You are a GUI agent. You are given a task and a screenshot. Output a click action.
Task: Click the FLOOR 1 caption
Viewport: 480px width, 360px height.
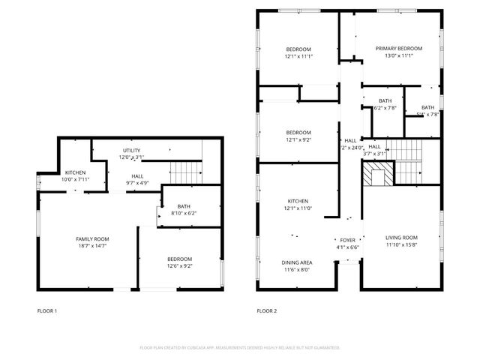47,310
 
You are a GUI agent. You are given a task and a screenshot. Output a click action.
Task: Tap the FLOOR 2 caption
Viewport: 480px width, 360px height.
267,310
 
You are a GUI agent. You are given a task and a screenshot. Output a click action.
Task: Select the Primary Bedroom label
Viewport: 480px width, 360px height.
399,49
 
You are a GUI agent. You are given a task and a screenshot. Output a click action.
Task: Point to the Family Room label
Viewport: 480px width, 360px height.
94,238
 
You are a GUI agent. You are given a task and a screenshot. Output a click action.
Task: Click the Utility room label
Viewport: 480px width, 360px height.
131,151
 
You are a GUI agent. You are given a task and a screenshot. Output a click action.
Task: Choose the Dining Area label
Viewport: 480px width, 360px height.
297,262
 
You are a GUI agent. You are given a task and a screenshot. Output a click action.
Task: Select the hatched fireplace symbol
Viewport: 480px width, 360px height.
377,175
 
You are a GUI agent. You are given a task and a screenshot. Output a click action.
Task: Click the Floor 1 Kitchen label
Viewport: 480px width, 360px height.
75,172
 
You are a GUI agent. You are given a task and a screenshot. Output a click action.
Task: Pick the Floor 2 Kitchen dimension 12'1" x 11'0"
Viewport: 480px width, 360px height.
298,208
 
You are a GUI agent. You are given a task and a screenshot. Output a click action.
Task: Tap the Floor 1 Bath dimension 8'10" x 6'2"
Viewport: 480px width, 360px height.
184,214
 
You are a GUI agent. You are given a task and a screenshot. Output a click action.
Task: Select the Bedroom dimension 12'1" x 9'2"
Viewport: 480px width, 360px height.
298,139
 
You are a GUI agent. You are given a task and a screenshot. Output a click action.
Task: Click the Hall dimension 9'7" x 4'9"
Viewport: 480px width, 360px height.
137,182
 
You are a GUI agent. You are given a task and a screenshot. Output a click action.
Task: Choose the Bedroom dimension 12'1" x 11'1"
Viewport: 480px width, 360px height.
298,56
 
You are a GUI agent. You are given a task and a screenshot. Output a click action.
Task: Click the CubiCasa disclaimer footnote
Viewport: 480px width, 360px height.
240,348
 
